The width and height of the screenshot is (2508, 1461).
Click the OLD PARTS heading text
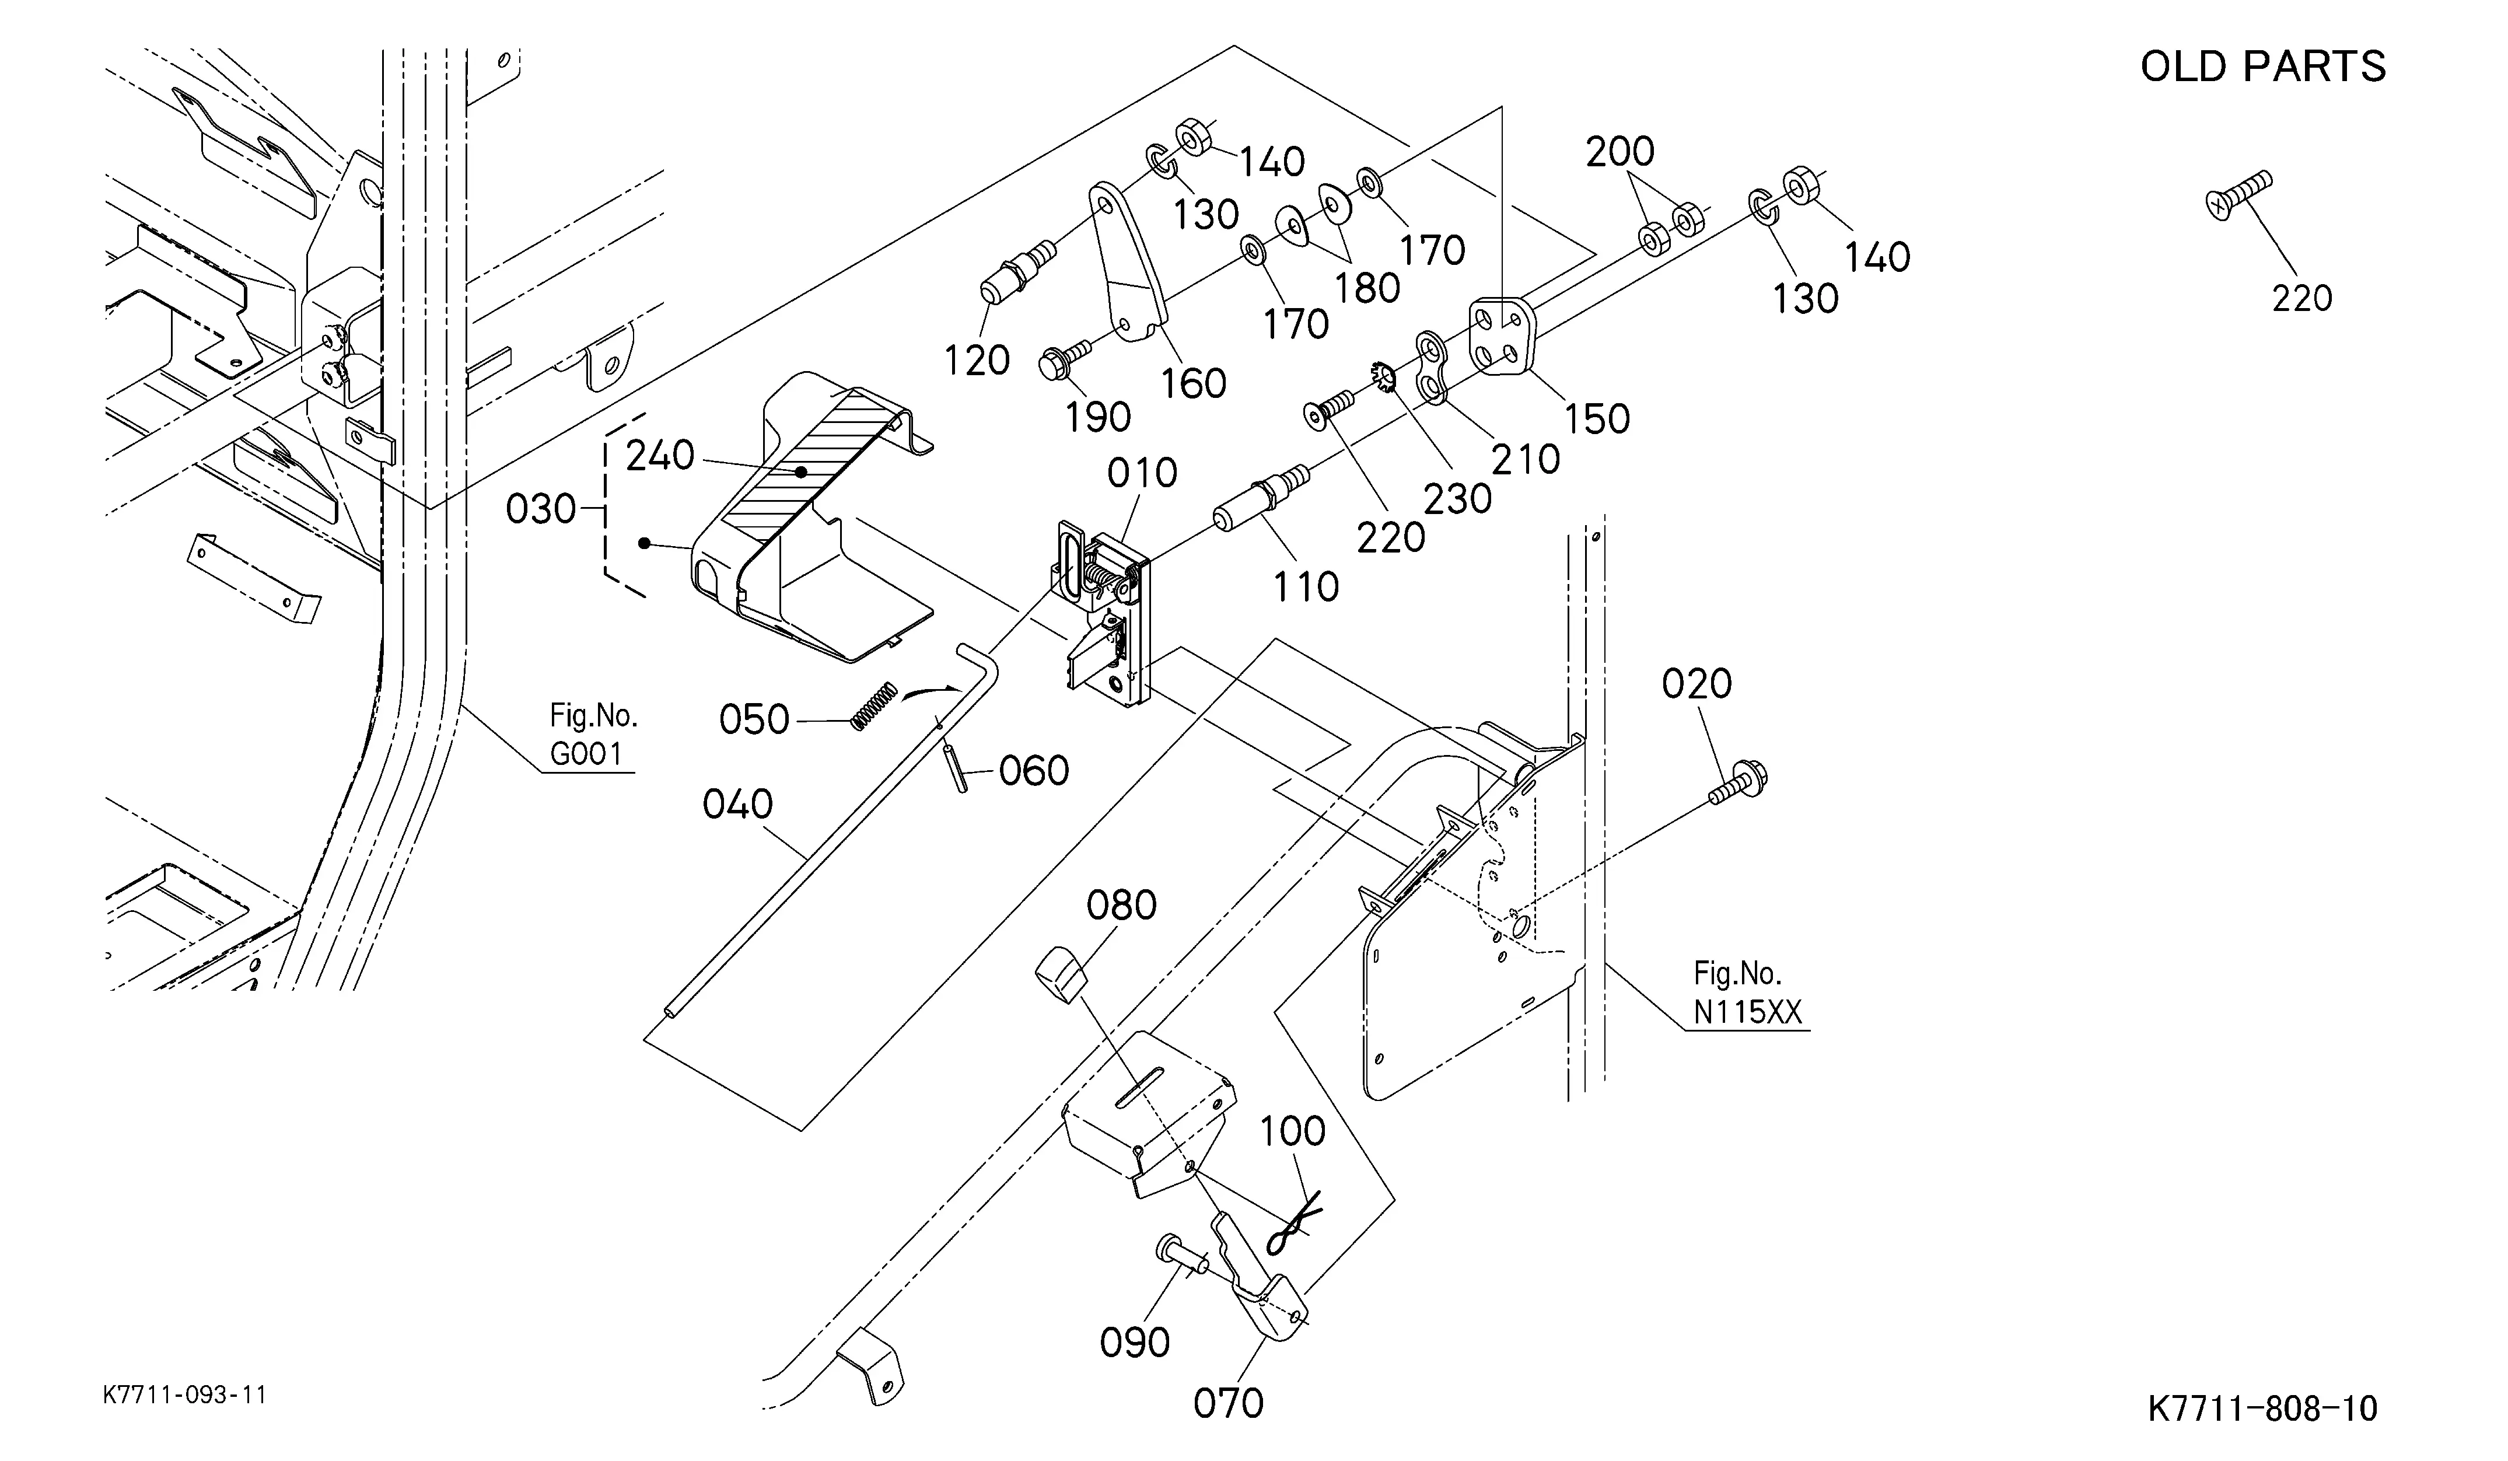2262,67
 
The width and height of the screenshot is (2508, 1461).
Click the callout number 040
737,804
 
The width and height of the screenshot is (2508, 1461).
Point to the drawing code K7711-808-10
2263,1408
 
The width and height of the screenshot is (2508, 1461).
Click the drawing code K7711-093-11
185,1395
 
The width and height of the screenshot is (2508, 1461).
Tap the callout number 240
660,456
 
